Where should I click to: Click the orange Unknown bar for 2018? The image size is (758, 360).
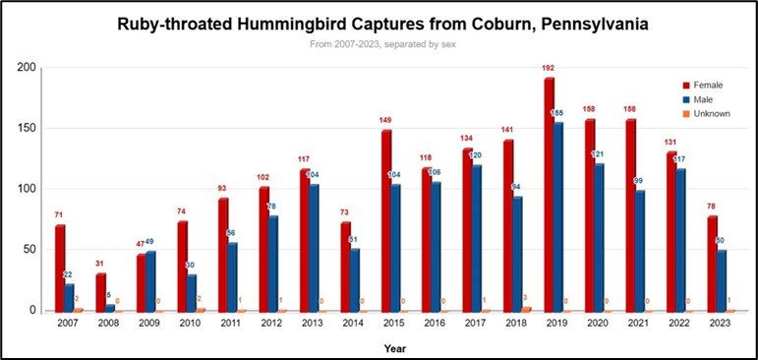pyautogui.click(x=527, y=310)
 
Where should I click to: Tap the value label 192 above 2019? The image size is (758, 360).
pyautogui.click(x=550, y=69)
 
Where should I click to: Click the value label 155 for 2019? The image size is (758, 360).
pyautogui.click(x=569, y=114)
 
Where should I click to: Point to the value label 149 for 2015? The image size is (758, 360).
pyautogui.click(x=385, y=121)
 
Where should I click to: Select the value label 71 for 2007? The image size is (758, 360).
pyautogui.click(x=59, y=213)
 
